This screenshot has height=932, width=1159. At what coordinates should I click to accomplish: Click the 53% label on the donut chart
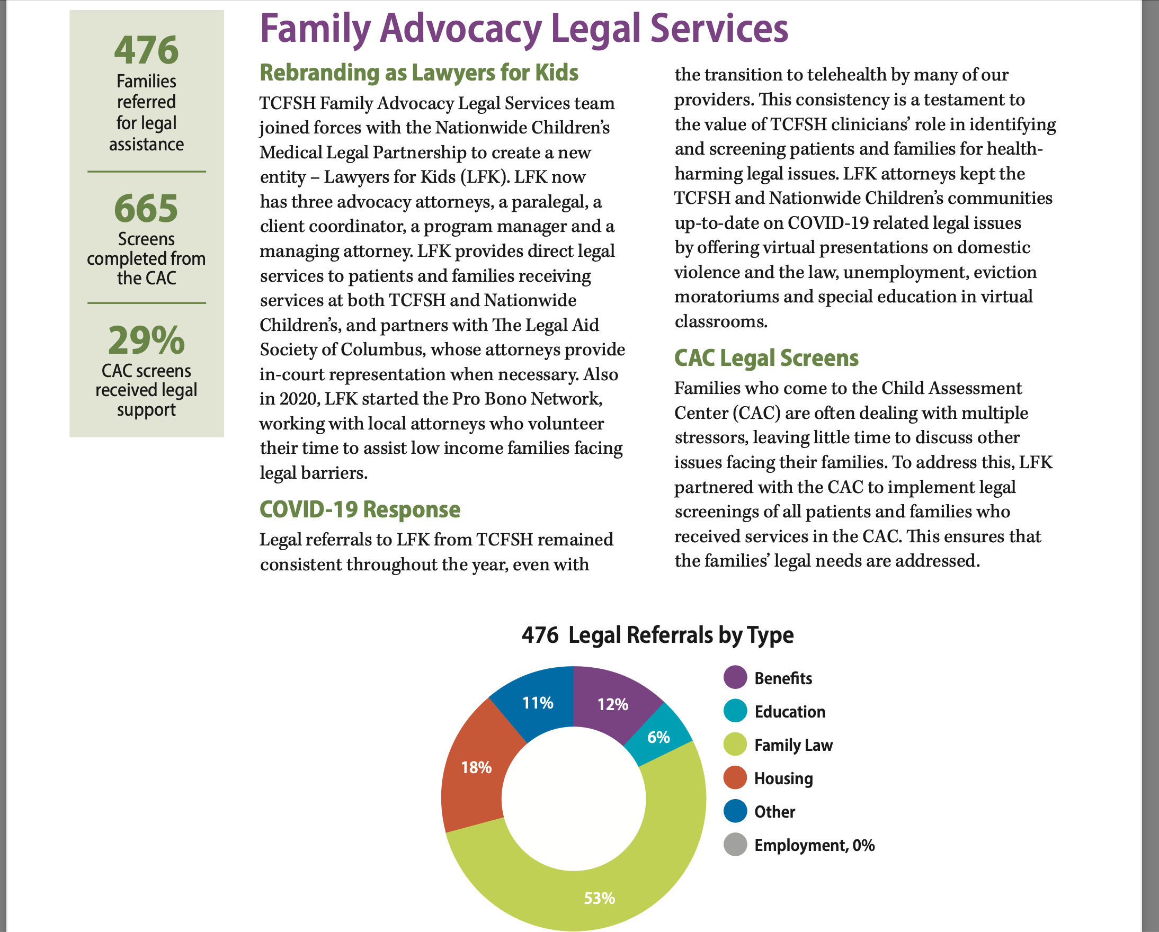pos(600,898)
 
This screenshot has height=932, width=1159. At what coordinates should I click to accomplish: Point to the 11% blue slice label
pos(538,703)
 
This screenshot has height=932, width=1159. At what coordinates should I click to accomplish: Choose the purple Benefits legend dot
pos(735,678)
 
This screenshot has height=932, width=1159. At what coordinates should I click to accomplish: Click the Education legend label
pos(789,712)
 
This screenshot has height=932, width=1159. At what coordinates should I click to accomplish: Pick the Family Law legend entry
pos(793,745)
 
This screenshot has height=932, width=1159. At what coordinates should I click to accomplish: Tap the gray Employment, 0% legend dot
pos(735,845)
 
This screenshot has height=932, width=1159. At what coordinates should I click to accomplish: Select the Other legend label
pos(774,812)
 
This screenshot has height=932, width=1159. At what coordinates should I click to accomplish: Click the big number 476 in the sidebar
pos(146,50)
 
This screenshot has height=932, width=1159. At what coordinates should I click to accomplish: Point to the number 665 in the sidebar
pos(146,208)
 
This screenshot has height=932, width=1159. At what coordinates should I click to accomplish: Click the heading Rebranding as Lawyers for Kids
pos(419,73)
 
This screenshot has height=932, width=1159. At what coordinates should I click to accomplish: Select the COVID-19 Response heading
pos(360,509)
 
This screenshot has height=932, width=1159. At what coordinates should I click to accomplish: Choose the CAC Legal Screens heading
pos(766,358)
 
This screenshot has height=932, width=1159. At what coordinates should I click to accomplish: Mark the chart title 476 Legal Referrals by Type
pos(657,635)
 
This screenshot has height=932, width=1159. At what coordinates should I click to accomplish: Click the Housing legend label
pos(783,778)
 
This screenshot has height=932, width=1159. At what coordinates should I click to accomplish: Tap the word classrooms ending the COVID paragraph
pos(720,321)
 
